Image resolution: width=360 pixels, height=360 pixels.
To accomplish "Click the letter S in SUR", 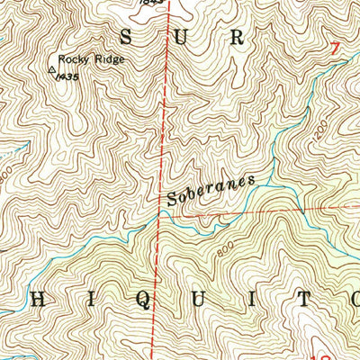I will [127, 37].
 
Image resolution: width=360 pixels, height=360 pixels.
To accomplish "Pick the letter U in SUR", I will [181, 37].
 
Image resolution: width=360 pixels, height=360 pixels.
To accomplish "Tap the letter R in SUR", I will [236, 37].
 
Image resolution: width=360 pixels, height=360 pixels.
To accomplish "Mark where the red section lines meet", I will [163, 213].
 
